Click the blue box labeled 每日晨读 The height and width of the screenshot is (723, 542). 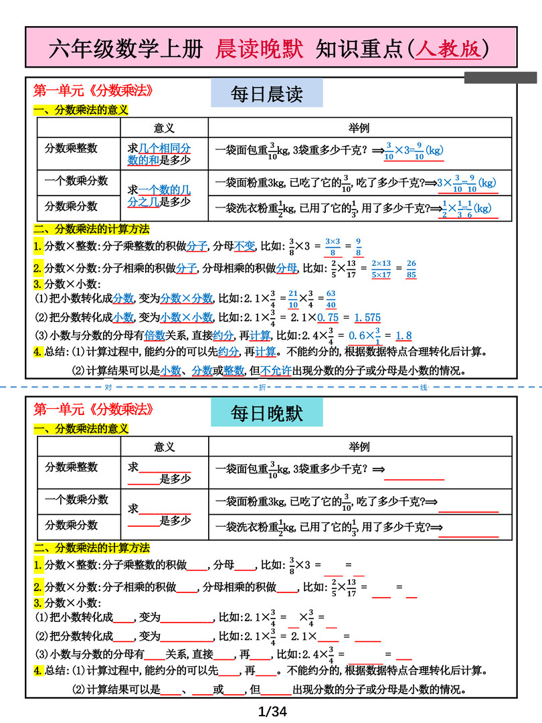point(266,94)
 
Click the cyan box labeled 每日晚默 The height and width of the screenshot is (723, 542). point(266,412)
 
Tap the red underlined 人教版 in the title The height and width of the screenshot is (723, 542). point(448,48)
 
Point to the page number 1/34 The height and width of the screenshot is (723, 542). point(272,711)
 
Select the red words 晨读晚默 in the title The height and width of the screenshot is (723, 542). point(260,48)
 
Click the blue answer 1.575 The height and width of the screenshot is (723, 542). point(367,317)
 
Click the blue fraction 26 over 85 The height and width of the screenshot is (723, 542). point(412,268)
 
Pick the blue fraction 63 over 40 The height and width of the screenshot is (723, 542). point(331,299)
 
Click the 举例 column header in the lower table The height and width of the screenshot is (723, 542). point(359,447)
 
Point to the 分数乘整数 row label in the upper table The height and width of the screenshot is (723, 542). point(71,148)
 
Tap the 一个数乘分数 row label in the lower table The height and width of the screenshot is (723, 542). point(76,499)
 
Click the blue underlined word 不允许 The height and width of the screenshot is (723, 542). point(276,371)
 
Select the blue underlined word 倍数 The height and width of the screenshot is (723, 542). point(155,335)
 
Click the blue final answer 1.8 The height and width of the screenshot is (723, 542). point(403,336)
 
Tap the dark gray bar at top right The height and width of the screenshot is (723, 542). point(500,78)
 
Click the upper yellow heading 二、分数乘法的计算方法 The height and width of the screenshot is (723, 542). point(92,229)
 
